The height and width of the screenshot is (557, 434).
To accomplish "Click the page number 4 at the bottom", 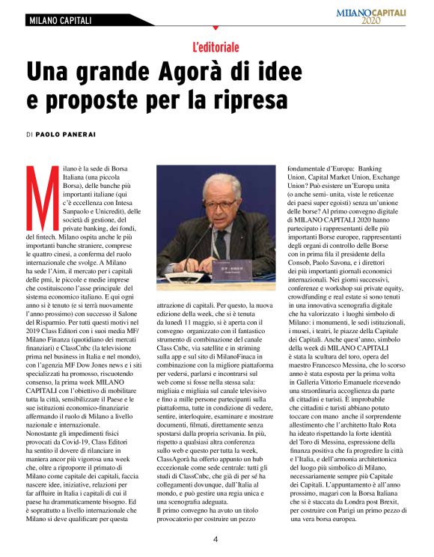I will pyautogui.click(x=216, y=541).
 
